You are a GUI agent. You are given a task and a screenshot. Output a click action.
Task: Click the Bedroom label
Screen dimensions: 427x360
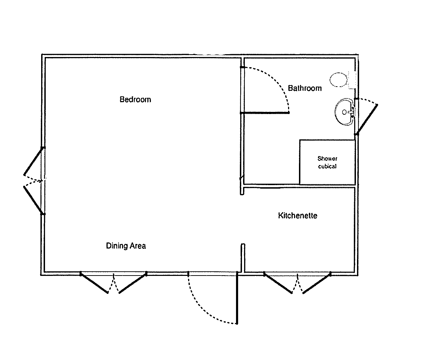135,100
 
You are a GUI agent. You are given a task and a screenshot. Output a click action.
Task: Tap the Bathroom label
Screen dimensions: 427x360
305,88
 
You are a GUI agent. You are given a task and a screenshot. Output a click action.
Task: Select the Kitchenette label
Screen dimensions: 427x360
298,215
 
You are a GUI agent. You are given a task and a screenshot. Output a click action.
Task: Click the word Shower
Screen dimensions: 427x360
327,158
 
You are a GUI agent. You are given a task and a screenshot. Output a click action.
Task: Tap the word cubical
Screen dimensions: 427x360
327,166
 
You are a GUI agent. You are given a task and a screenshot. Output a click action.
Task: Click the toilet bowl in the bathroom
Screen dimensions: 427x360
338,80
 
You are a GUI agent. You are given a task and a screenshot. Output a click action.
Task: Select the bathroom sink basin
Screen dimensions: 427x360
345,112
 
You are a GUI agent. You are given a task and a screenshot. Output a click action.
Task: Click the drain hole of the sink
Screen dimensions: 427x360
344,112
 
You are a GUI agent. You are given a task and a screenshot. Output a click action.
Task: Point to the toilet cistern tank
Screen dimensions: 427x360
352,80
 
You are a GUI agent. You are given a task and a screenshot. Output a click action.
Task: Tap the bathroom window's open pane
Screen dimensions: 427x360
367,120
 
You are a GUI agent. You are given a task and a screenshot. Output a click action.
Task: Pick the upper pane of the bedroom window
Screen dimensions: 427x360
33,162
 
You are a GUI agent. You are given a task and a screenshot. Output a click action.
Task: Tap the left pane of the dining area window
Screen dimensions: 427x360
94,283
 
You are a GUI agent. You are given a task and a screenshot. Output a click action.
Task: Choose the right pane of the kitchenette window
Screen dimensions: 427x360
317,283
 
